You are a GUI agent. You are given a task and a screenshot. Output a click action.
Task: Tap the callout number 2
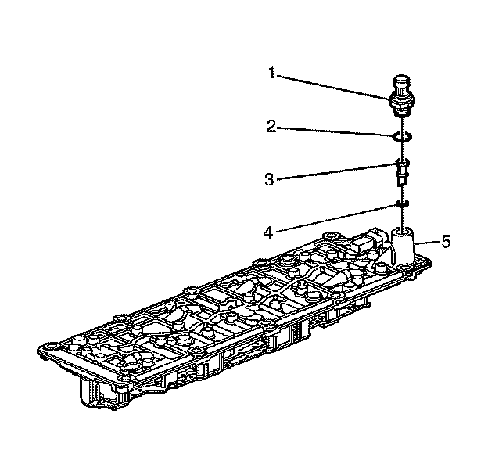[x=270, y=126]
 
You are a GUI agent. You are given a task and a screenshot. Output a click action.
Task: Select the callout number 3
[x=270, y=178]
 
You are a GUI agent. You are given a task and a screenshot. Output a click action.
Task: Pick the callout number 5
[x=446, y=241]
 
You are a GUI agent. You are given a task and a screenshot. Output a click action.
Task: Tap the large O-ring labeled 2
[x=401, y=138]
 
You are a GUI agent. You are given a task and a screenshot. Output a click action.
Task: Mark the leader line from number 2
[x=336, y=132]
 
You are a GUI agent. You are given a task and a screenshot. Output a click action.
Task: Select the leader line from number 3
[x=336, y=172]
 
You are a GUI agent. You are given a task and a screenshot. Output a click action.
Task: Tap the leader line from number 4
[x=336, y=219]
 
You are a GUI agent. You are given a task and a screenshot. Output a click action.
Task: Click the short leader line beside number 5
[x=429, y=243]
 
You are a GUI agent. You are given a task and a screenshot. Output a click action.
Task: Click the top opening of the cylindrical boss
[x=404, y=232]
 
